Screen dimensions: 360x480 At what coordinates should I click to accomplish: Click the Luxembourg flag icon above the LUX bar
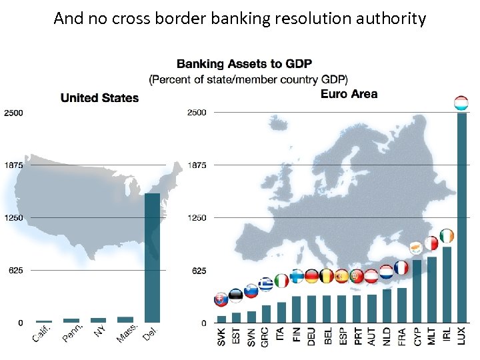pyautogui.click(x=461, y=103)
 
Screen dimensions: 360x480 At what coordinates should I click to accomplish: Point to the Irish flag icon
pyautogui.click(x=447, y=237)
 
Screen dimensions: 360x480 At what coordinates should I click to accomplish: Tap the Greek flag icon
pyautogui.click(x=266, y=285)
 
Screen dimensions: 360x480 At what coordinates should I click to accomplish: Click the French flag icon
pyautogui.click(x=401, y=268)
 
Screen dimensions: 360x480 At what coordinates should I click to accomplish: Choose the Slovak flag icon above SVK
pyautogui.click(x=221, y=299)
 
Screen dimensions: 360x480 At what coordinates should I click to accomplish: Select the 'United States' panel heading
pyautogui.click(x=99, y=98)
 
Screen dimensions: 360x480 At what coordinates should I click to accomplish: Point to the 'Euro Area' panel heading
pyautogui.click(x=349, y=94)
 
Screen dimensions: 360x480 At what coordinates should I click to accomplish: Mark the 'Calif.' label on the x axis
pyautogui.click(x=42, y=335)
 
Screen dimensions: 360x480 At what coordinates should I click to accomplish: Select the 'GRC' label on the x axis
pyautogui.click(x=266, y=335)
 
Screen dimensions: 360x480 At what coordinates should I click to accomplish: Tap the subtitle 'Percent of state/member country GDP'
pyautogui.click(x=248, y=79)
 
